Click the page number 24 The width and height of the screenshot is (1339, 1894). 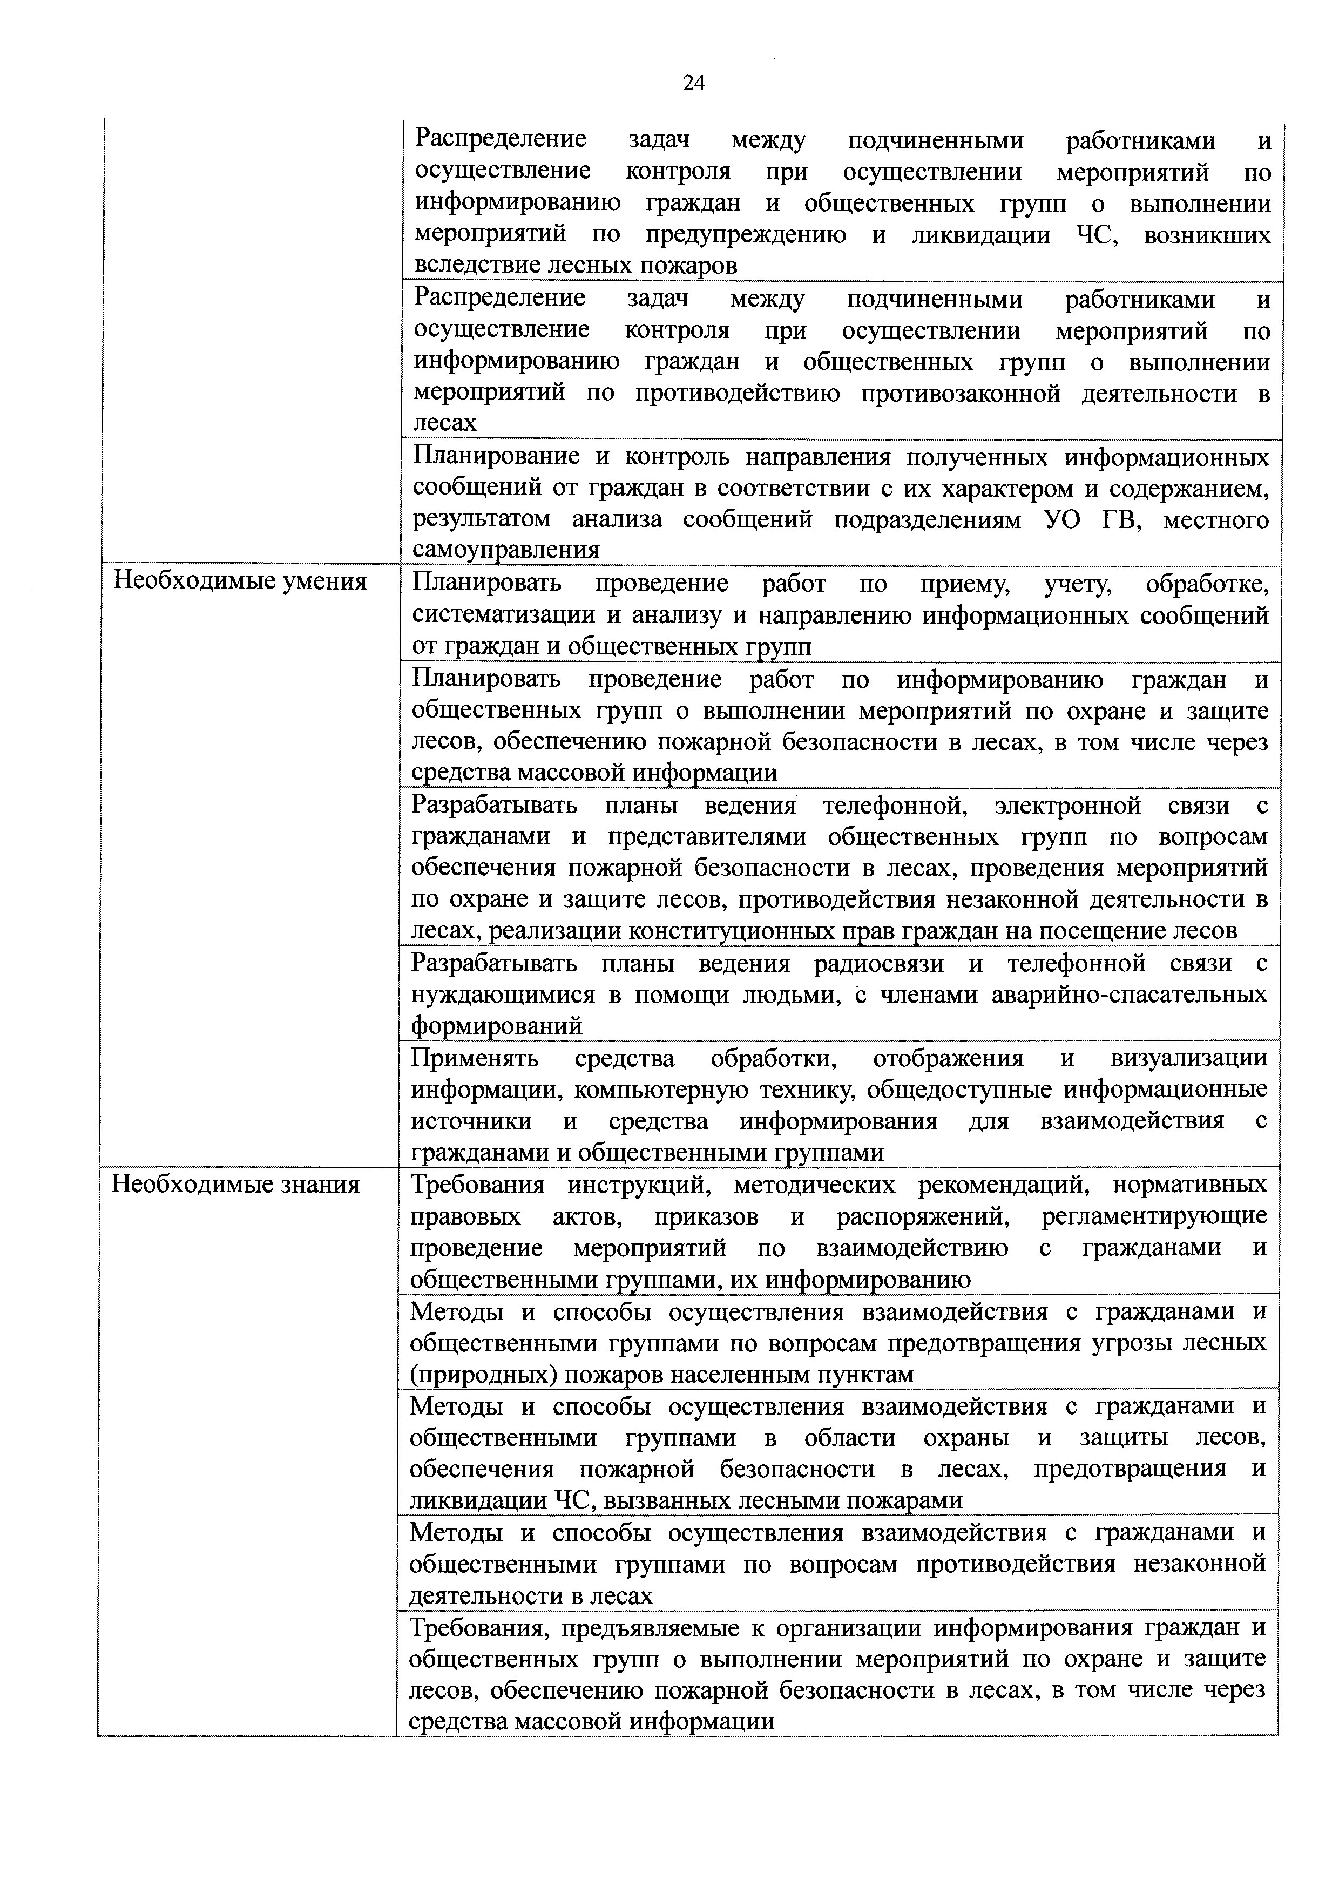tap(694, 83)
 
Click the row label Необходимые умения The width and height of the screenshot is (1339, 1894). tap(239, 581)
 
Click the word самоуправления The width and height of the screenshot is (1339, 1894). tap(505, 550)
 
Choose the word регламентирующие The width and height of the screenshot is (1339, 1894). tap(1154, 1217)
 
